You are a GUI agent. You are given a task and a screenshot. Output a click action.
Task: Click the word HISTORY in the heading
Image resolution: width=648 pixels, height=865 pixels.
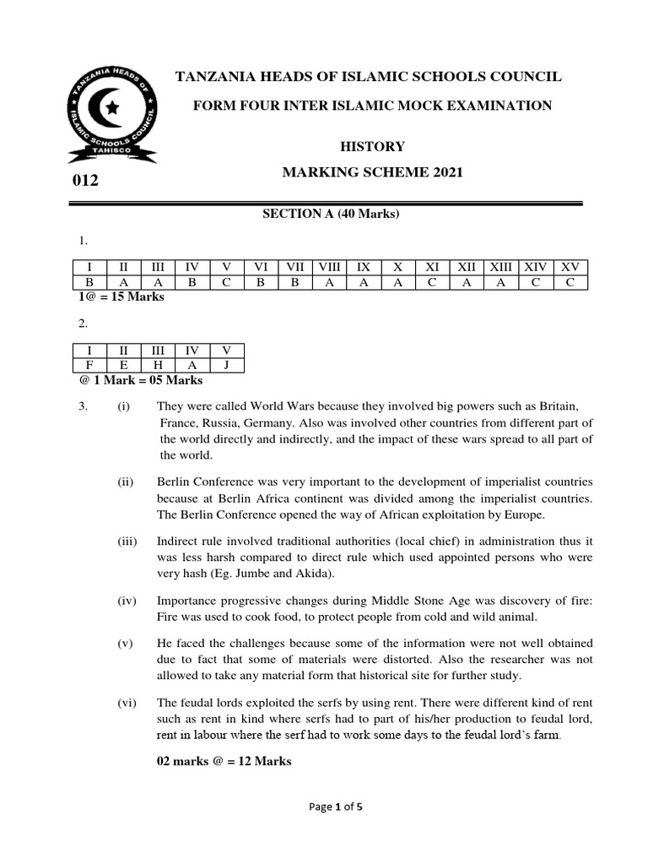tap(371, 147)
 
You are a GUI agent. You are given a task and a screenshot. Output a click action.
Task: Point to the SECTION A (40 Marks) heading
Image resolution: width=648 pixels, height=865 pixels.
tap(331, 214)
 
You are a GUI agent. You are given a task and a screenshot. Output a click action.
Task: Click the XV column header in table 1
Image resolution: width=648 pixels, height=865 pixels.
tap(570, 268)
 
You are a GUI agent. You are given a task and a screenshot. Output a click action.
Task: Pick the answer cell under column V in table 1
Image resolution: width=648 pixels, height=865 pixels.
tap(226, 283)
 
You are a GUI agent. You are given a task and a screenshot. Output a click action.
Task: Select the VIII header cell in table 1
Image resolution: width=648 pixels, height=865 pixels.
tap(329, 268)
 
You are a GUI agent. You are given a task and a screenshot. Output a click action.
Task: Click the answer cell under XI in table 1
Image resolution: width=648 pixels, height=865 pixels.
tap(432, 283)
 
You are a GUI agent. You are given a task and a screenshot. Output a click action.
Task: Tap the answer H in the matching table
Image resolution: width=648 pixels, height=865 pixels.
tap(158, 365)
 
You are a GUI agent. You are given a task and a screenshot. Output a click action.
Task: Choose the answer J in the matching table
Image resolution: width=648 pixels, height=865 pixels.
tap(226, 365)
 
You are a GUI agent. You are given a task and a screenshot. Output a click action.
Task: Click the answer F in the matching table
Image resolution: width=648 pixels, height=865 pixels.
tap(89, 365)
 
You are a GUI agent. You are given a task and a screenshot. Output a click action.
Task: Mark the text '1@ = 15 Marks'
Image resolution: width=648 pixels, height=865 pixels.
tap(120, 297)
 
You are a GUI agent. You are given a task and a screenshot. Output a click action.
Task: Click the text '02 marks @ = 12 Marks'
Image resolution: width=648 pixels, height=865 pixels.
tap(224, 761)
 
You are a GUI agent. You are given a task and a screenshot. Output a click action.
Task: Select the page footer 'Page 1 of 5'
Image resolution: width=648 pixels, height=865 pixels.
tap(335, 830)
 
